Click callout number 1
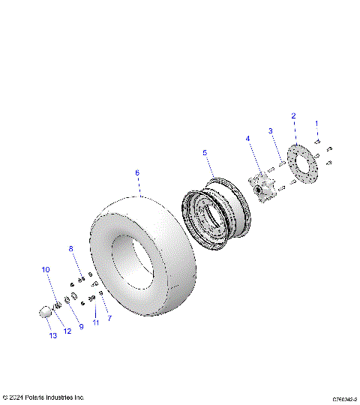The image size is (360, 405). click(316, 122)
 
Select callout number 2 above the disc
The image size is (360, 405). click(293, 115)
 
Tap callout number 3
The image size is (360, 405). click(270, 132)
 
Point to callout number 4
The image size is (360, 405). click(247, 139)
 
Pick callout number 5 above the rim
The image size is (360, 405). click(204, 153)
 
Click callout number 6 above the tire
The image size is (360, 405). click(137, 172)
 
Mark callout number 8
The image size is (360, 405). click(71, 248)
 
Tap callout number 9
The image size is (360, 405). click(81, 327)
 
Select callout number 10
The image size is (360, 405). click(45, 269)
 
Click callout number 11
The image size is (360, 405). click(95, 322)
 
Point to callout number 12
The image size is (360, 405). click(67, 331)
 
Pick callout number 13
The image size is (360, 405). click(52, 335)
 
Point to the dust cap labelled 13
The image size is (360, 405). click(46, 311)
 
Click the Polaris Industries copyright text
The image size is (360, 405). click(43, 397)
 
